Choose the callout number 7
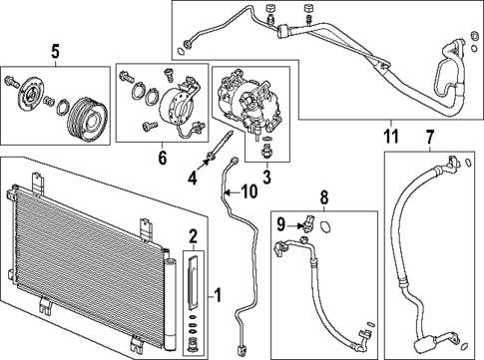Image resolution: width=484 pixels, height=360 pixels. (x=430, y=136)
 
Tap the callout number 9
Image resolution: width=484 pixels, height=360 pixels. (x=282, y=224)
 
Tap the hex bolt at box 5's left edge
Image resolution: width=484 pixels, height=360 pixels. (x=12, y=80)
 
